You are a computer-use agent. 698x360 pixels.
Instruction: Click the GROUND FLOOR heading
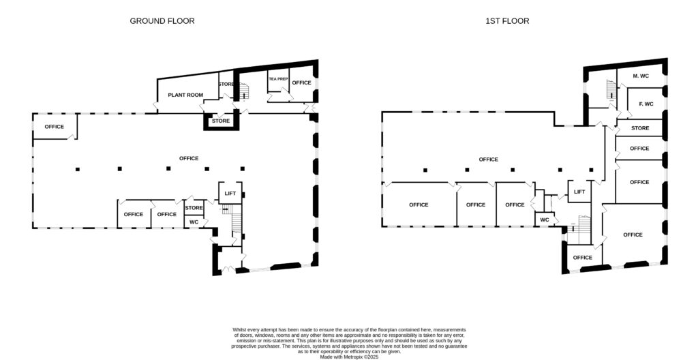[x=162, y=21]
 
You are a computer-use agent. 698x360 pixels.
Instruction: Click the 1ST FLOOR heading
[x=507, y=21]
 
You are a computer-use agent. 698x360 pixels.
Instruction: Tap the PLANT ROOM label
[x=185, y=95]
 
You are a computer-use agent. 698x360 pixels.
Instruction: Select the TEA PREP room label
[x=279, y=79]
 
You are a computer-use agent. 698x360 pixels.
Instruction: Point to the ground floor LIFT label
[x=230, y=194]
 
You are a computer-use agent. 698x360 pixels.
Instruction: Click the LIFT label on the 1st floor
[x=579, y=192]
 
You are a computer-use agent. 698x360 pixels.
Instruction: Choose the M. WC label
[x=641, y=76]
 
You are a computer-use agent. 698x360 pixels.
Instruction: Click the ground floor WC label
[x=194, y=222]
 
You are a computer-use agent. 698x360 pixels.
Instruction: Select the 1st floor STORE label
[x=640, y=128]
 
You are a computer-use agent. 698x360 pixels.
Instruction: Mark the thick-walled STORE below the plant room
[x=221, y=121]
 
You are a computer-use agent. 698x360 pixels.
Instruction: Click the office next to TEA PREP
[x=301, y=82]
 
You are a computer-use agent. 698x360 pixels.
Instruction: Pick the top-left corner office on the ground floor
[x=55, y=127]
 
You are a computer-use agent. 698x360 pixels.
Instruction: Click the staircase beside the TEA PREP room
[x=245, y=92]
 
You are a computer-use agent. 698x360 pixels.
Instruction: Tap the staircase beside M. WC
[x=611, y=89]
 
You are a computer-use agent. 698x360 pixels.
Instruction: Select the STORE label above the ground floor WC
[x=194, y=208]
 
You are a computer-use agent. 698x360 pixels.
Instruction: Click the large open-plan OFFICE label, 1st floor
[x=488, y=160]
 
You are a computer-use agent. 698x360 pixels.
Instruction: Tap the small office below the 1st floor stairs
[x=582, y=258]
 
